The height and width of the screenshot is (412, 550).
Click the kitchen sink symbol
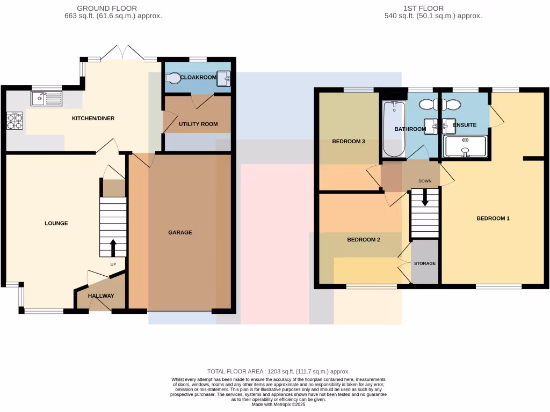(x=47, y=99)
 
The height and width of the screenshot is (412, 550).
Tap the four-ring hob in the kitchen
(x=15, y=121)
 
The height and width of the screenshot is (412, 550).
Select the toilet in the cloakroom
(x=173, y=78)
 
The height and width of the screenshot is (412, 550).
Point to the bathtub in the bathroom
(x=393, y=129)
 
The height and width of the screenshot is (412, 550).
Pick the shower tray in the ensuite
(x=465, y=146)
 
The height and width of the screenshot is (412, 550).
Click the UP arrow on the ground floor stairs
(x=113, y=248)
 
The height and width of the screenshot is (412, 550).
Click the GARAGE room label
(x=180, y=232)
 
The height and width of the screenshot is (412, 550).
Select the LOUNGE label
(x=56, y=223)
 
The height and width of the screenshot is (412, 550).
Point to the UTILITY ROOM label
(x=198, y=124)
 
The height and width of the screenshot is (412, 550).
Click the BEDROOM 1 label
(x=493, y=218)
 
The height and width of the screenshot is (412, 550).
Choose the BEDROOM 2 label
(x=363, y=240)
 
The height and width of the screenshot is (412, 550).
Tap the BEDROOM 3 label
(x=349, y=142)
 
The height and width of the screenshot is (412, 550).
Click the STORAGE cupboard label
(x=424, y=263)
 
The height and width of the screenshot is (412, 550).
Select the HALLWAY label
(x=101, y=296)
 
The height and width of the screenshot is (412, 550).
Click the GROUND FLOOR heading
(x=107, y=8)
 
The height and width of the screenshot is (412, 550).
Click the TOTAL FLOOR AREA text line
(x=278, y=371)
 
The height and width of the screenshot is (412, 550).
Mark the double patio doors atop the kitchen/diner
(x=123, y=53)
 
